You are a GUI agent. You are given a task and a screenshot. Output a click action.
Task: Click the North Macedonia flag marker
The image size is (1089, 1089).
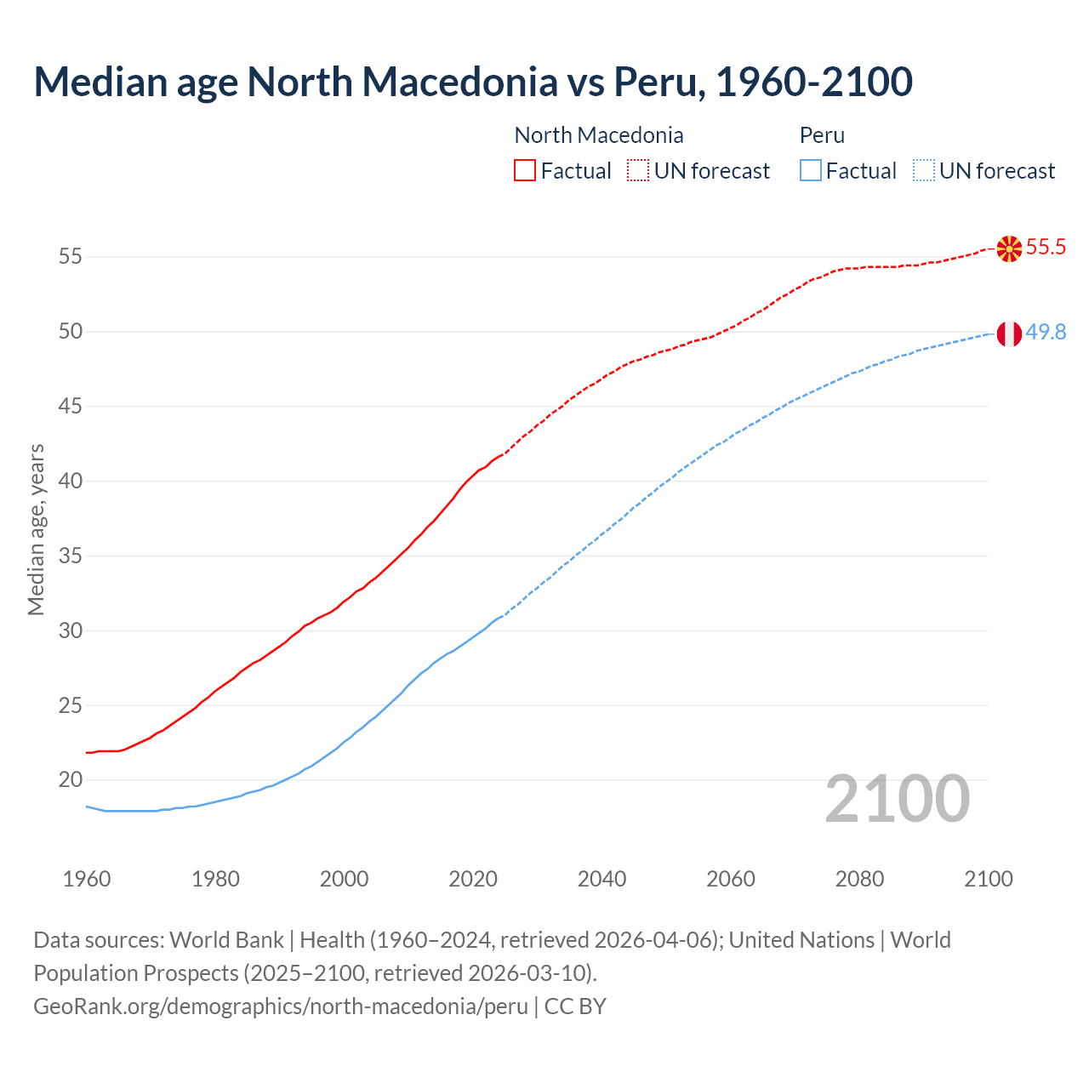point(1009,248)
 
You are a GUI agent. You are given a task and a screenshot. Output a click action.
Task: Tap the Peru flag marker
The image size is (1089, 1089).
point(1009,334)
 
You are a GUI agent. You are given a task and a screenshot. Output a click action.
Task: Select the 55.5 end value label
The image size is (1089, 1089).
point(1046,248)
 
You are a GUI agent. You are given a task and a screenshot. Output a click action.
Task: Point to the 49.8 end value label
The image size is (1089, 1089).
point(1046,333)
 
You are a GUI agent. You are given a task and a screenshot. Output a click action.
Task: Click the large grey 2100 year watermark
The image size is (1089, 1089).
point(897,799)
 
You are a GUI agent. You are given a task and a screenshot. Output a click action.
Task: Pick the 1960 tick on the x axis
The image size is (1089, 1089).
point(87,879)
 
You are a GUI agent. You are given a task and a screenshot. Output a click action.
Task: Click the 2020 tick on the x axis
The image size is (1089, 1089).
point(473,879)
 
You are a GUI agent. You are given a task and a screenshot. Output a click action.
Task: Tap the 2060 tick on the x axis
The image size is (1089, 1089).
point(731,879)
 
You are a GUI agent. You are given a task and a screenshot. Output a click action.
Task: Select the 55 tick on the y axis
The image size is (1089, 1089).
point(70,257)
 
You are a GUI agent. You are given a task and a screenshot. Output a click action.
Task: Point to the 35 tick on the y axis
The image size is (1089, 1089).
point(70,556)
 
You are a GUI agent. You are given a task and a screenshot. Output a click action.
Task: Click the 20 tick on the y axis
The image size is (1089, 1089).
point(70,780)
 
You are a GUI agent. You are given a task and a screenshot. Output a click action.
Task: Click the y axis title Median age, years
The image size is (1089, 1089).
point(36,529)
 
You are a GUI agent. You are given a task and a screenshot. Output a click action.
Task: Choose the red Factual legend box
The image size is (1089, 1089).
point(525,171)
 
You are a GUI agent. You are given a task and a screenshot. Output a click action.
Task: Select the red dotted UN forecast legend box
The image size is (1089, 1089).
point(638,171)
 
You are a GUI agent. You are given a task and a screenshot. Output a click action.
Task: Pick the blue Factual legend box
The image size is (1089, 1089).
point(811,171)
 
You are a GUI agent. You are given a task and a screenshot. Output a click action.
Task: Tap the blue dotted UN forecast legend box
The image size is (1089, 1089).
point(924,171)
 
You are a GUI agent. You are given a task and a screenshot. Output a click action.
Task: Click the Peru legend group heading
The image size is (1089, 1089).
point(822,135)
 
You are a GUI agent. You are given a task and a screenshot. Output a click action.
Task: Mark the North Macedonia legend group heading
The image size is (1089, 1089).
point(599,135)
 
